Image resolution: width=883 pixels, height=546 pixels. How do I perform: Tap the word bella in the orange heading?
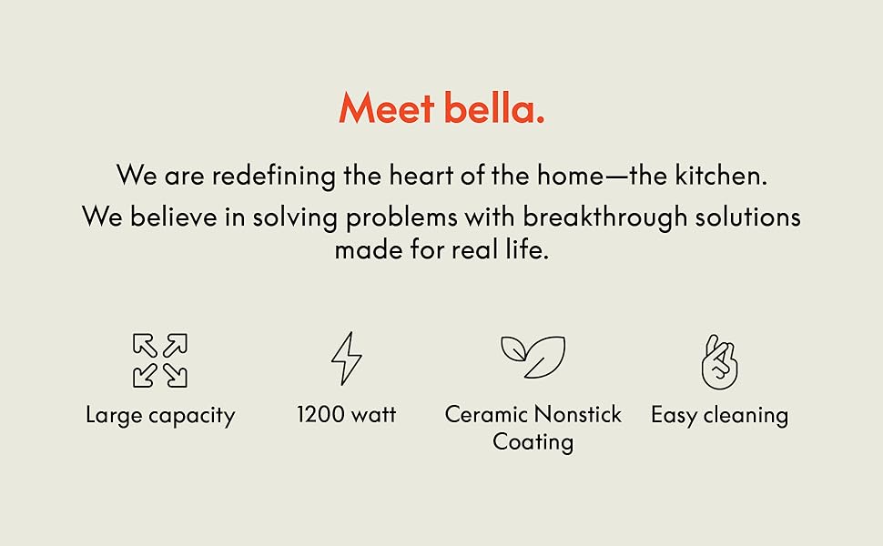pos(494,109)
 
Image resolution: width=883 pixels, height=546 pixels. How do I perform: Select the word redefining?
pos(274,176)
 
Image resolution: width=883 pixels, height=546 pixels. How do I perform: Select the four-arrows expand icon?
pos(160,360)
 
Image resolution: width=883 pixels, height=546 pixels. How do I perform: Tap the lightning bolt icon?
pos(346,359)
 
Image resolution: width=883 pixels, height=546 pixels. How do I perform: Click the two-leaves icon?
pos(533,357)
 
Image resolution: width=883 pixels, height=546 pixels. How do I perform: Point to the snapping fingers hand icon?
pos(719,361)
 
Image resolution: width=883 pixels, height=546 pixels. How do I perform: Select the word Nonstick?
pos(578,415)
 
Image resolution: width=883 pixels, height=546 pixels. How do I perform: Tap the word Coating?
pos(533,443)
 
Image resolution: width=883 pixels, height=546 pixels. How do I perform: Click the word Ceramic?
pos(486,415)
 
